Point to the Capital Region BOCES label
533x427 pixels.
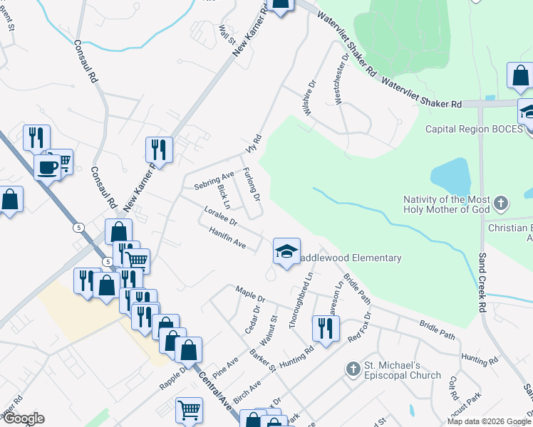(x=473, y=130)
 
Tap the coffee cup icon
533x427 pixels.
(x=47, y=167)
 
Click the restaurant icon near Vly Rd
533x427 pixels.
(x=158, y=149)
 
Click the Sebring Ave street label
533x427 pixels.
(x=214, y=181)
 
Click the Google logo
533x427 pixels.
(x=24, y=418)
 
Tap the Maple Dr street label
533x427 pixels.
(x=250, y=294)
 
